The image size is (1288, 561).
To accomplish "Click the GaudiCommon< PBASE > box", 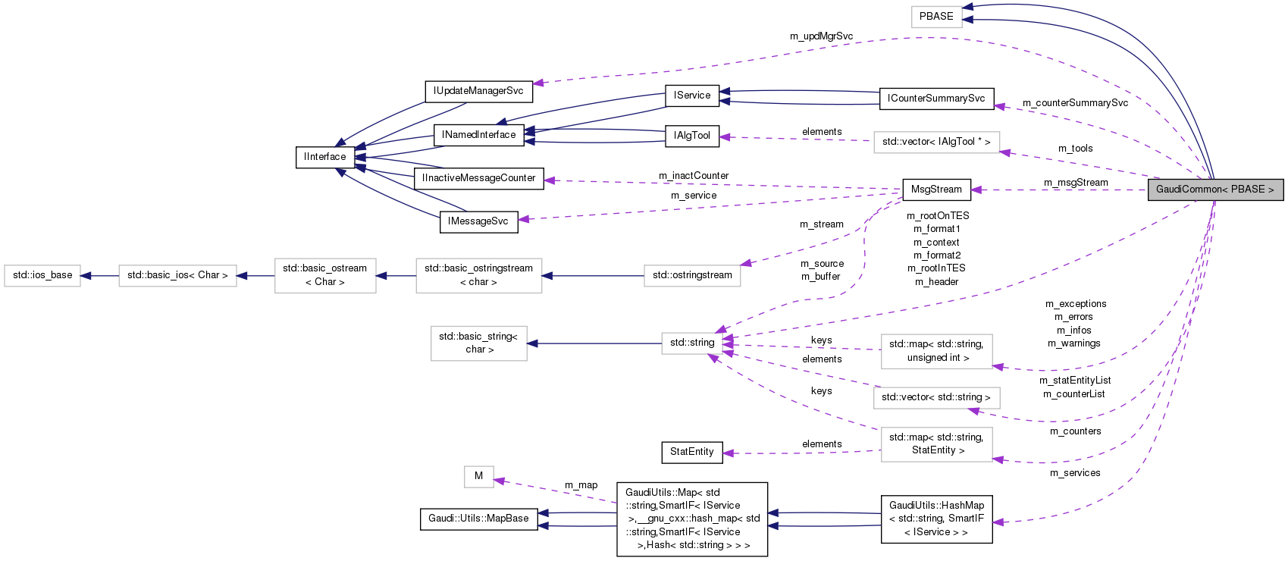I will (x=1214, y=190).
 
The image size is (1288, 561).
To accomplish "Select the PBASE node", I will (x=936, y=16).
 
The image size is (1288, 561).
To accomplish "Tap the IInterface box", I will (x=324, y=157).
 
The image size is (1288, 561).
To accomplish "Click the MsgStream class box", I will (x=936, y=190).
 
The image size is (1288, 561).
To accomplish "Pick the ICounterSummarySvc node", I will (x=936, y=99).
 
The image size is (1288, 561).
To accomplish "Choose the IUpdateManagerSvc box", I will (x=478, y=91).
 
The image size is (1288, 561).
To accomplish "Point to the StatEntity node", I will (x=691, y=452).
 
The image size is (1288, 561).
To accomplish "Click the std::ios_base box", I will (x=42, y=275).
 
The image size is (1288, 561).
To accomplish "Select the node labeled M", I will (x=478, y=476).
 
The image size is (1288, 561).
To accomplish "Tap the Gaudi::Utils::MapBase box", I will (x=478, y=519).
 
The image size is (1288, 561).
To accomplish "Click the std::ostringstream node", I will (x=692, y=275).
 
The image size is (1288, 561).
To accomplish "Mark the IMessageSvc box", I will (x=478, y=221).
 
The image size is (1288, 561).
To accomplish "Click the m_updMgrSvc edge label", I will (x=821, y=36).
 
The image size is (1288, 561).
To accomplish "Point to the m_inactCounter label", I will (x=694, y=176).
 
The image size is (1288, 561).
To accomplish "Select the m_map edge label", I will (x=581, y=485).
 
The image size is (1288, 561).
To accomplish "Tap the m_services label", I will (x=1075, y=473).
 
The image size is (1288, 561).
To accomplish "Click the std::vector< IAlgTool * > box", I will (x=936, y=142).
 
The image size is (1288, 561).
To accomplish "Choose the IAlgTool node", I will (x=691, y=136).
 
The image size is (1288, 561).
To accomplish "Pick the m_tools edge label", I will (x=1075, y=149).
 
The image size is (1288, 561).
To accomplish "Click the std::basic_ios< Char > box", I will (x=177, y=275).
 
